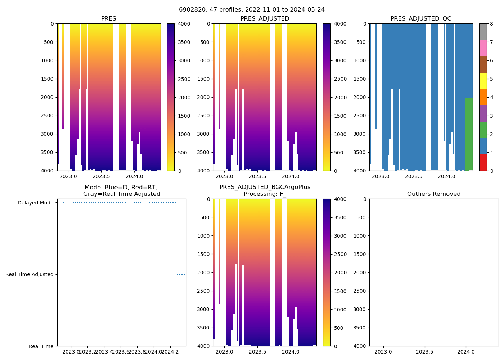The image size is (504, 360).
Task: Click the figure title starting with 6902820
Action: coord(252,10)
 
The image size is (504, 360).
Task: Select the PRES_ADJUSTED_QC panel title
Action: coord(421,19)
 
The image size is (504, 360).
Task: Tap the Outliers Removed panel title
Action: coord(434,194)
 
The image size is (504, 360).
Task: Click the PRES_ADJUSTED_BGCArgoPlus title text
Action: coord(265,187)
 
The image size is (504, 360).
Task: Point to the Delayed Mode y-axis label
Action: coord(36,203)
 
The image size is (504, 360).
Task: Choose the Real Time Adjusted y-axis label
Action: coord(30,274)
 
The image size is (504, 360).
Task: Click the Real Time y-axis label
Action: coord(41,346)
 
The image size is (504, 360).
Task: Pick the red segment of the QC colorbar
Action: coord(483,162)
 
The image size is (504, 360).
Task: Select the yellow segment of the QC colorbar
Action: coord(483,81)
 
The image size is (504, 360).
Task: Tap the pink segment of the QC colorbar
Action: coord(483,48)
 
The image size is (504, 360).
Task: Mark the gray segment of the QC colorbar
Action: coord(483,32)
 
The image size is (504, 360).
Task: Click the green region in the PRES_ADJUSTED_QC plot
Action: coord(469,133)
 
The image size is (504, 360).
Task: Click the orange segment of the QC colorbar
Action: coord(483,97)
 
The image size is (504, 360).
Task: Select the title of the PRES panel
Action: coord(108,19)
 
